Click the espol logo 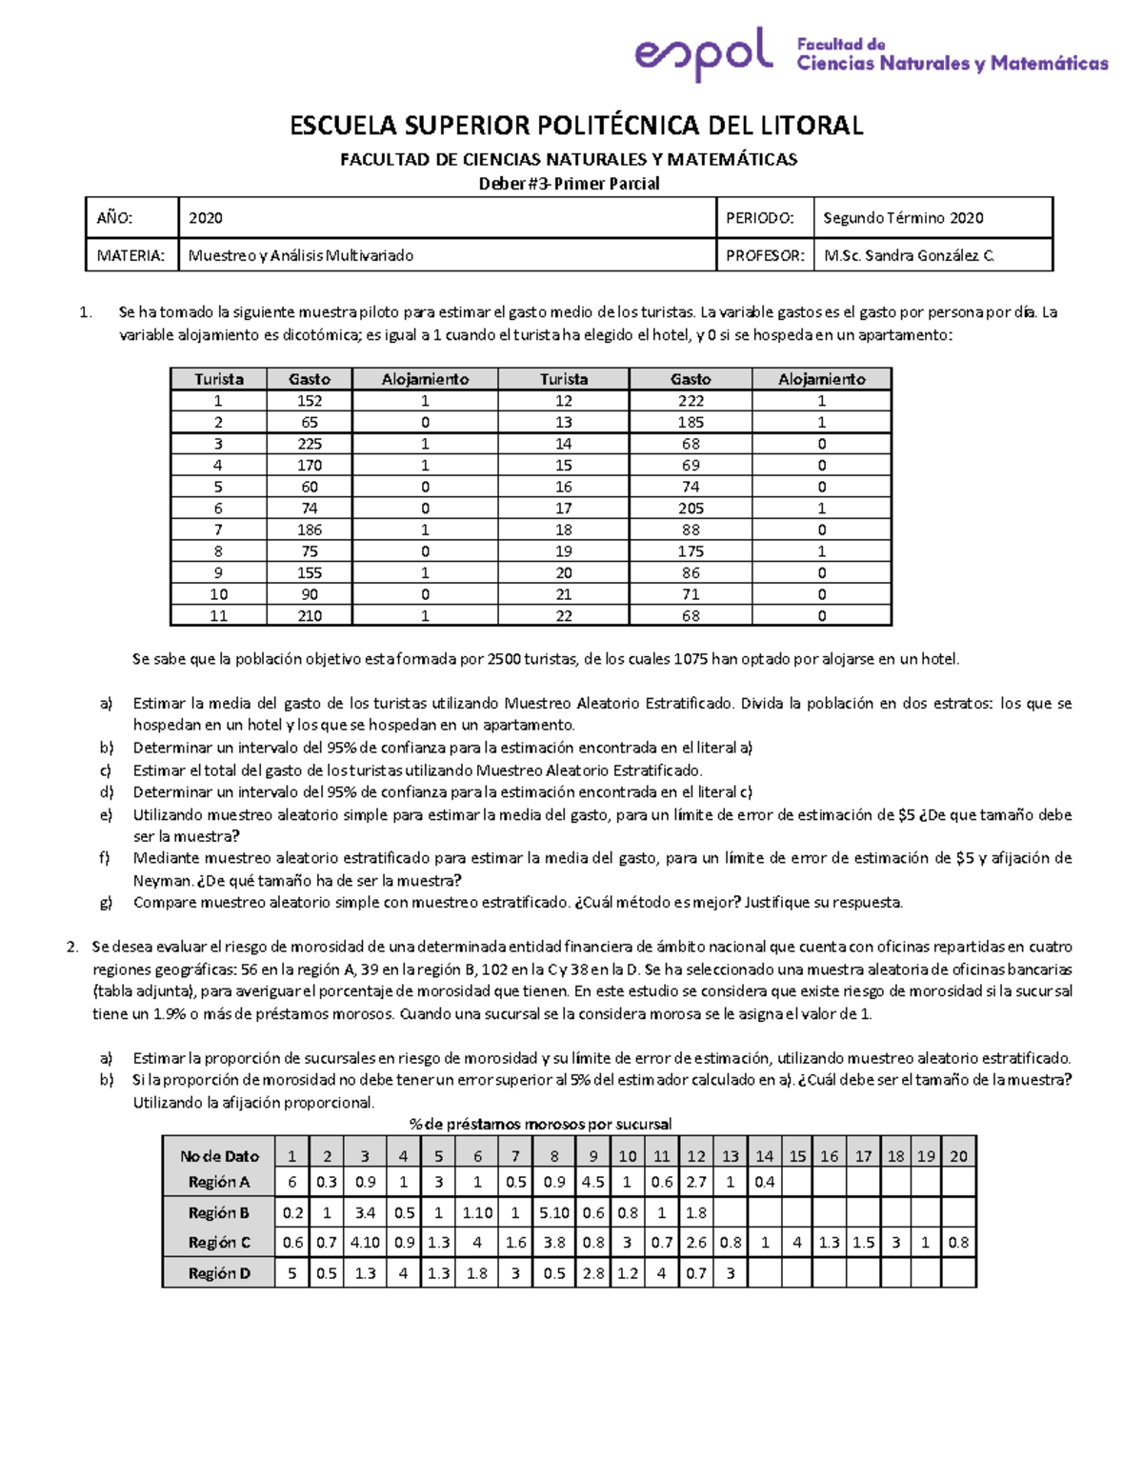(703, 53)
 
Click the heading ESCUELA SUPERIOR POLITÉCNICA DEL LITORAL (576, 126)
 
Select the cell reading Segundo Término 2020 (903, 218)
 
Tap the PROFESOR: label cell (765, 255)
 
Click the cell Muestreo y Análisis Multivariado (301, 255)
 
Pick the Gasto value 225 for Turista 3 (310, 444)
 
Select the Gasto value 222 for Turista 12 (691, 401)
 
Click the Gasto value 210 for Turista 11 (310, 616)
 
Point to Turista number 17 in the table (564, 509)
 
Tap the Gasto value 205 (691, 509)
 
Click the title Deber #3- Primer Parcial (569, 184)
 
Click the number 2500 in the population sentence (504, 659)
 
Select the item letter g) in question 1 (106, 903)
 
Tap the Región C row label (219, 1243)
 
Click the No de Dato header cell (219, 1156)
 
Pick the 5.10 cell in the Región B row (554, 1212)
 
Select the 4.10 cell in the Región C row (365, 1243)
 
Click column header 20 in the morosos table (958, 1156)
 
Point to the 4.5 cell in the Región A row (592, 1182)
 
